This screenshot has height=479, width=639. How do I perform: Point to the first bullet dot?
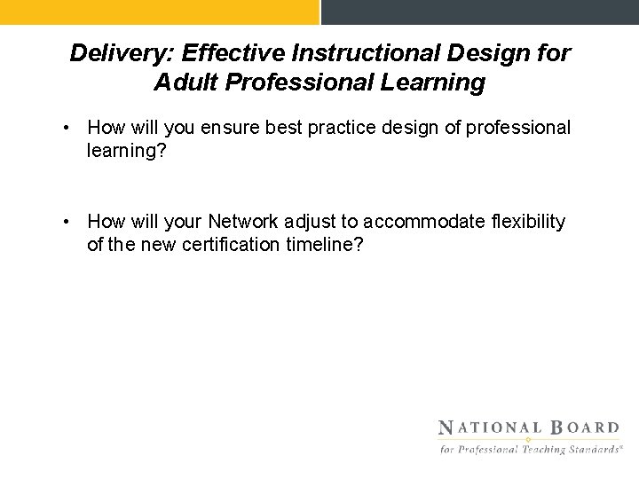[67, 129]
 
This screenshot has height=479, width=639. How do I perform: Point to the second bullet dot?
[67, 222]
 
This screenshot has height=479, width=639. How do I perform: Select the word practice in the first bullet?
[336, 129]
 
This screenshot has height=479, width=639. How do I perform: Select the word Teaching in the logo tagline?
[542, 450]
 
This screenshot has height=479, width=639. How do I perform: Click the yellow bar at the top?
[159, 12]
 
